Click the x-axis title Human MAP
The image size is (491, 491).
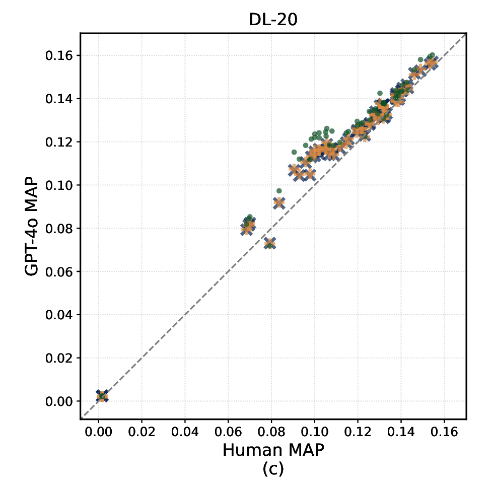[x=273, y=450]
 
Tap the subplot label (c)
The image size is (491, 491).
[x=273, y=469]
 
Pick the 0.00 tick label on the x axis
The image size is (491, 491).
[x=99, y=432]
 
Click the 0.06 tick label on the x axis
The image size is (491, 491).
[x=228, y=432]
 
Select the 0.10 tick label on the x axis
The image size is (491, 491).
[x=315, y=432]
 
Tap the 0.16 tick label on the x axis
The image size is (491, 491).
[x=444, y=432]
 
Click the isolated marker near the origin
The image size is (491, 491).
[x=102, y=396]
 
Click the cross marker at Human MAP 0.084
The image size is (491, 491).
[x=279, y=202]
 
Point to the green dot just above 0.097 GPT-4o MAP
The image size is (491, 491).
[x=279, y=191]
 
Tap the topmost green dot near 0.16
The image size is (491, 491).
[x=432, y=55]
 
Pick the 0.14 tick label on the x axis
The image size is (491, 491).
[x=401, y=432]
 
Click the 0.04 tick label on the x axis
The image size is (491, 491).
[x=185, y=432]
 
